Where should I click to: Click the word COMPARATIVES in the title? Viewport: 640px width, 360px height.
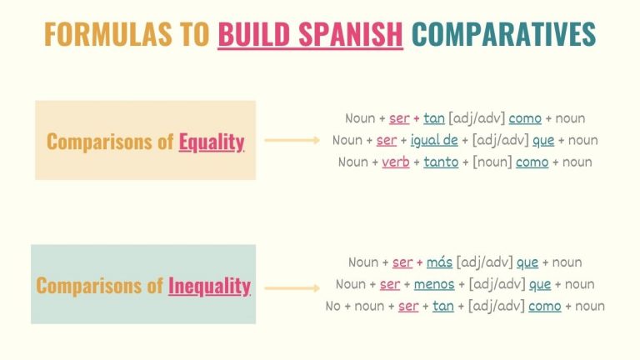point(503,34)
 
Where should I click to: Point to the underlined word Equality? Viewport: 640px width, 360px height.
point(212,142)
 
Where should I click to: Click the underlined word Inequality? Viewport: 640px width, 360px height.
point(209,286)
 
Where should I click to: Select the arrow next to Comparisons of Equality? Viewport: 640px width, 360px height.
point(292,141)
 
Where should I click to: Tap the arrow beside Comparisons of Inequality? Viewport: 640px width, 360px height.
point(292,288)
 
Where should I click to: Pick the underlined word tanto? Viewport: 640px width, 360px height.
point(442,162)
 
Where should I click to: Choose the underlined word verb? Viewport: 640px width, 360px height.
point(396,162)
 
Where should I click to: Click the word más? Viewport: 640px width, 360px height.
point(439,262)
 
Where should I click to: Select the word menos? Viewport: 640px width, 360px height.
point(433,284)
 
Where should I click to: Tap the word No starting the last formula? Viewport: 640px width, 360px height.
point(333,306)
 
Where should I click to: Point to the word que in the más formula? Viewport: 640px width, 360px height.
point(527,262)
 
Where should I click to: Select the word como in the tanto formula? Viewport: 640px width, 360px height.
point(532,162)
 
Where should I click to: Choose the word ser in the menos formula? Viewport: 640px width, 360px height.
point(390,284)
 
